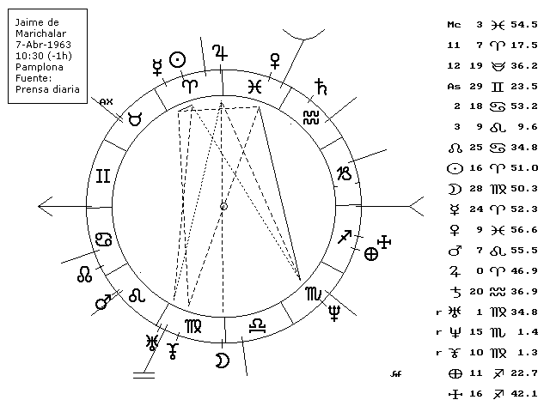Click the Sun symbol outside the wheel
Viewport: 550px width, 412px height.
pos(178,59)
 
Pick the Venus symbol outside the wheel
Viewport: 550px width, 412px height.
pos(276,60)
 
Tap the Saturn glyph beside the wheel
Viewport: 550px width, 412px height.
pos(322,86)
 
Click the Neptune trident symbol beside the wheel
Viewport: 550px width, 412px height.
pos(334,313)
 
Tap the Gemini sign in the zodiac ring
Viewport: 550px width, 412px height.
pos(103,177)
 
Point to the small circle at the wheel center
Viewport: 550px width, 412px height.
pos(223,206)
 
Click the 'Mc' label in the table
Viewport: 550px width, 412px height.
pos(455,26)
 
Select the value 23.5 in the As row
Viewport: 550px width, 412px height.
pos(525,86)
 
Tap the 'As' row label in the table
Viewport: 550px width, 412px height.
pos(455,86)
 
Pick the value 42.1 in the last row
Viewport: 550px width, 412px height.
pos(525,394)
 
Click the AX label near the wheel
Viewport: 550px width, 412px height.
pos(106,102)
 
